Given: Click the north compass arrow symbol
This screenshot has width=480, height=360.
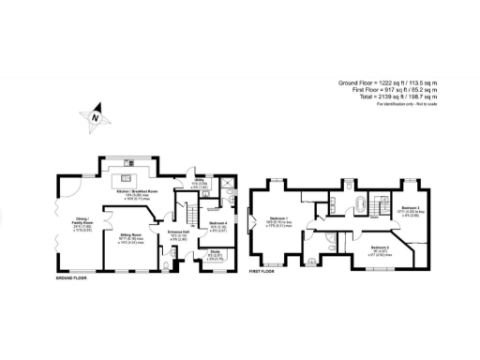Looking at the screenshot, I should click(95, 117).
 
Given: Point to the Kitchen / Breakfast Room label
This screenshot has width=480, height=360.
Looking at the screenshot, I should click(137, 191).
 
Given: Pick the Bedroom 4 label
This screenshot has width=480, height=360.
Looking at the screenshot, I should click(217, 226).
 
